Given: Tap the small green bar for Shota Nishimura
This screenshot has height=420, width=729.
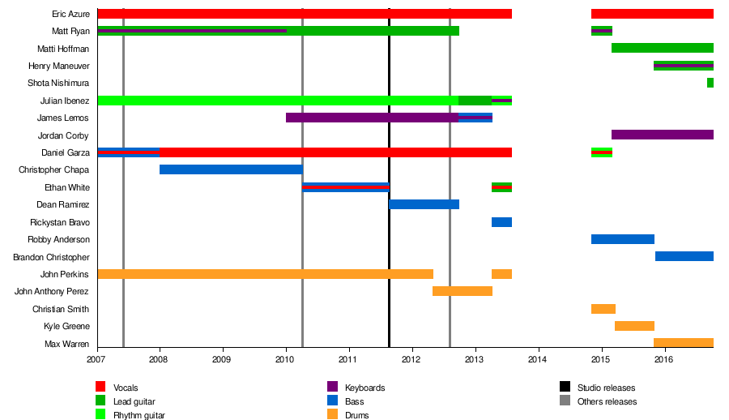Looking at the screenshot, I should (710, 83).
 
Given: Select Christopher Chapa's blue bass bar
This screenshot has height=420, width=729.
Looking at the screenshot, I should (231, 169).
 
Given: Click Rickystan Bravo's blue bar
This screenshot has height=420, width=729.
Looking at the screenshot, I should (501, 222).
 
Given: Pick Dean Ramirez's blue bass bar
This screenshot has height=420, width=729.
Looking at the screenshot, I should (424, 204).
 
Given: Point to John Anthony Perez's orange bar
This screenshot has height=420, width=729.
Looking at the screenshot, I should (462, 291).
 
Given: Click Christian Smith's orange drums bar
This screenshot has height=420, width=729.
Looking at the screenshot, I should (603, 309).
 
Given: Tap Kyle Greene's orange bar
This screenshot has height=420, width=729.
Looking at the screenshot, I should (634, 326).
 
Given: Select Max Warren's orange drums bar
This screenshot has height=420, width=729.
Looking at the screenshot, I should (684, 343).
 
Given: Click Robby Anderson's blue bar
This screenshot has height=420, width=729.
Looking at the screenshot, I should (622, 239).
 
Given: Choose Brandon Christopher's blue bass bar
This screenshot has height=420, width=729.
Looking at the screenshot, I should (684, 256).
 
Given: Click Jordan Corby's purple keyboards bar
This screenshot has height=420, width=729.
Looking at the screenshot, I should (662, 135).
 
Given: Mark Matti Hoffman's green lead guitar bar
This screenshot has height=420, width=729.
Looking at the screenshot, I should (662, 49).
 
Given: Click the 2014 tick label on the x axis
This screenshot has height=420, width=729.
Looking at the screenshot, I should (538, 359).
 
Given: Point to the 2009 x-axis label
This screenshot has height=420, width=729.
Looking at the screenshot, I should (223, 359).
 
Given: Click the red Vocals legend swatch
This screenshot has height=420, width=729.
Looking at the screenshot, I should (101, 387).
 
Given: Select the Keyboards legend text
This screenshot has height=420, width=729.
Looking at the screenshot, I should (364, 388).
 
